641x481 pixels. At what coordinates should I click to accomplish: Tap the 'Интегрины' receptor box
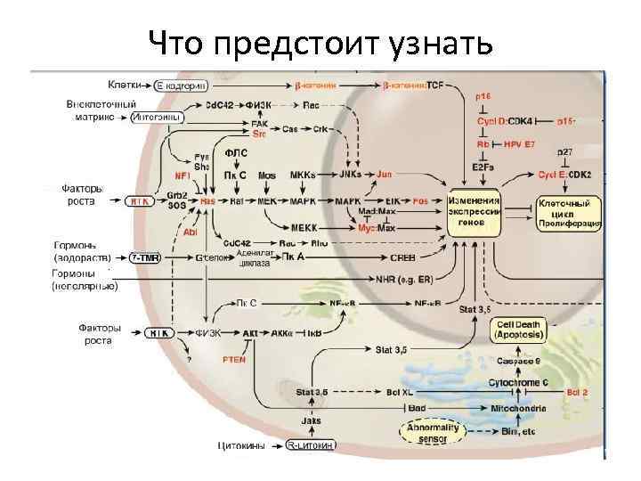point(157,117)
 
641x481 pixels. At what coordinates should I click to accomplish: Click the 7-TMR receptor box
point(145,257)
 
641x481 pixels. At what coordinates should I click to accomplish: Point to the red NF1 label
point(183,176)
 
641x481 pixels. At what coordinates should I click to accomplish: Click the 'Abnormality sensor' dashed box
point(433,433)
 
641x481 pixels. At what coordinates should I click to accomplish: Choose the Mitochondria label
point(519,408)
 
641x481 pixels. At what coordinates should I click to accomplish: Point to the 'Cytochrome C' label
point(518,383)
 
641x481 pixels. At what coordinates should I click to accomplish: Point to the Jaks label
point(311,420)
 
